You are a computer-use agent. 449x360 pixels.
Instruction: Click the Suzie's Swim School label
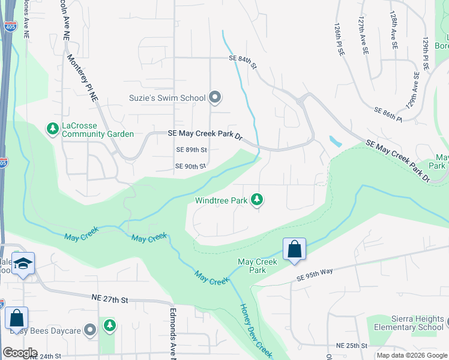[167, 97]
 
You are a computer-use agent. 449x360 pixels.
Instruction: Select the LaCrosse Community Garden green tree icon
[52, 128]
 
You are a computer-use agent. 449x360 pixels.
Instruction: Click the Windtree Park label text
[221, 200]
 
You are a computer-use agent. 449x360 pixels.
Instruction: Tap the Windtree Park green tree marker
[257, 199]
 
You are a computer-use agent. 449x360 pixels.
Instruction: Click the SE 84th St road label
[243, 59]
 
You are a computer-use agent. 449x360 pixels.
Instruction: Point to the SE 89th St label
[191, 149]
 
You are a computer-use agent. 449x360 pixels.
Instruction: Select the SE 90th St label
[190, 166]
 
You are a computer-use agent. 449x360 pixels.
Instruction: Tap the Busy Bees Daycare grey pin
[90, 329]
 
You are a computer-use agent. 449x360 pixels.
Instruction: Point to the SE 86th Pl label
[388, 115]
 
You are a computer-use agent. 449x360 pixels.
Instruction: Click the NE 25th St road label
[351, 346]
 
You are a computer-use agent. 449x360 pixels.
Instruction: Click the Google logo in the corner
[20, 353]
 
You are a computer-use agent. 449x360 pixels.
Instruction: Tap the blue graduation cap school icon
[23, 264]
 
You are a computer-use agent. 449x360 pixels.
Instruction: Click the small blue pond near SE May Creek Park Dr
[334, 142]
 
